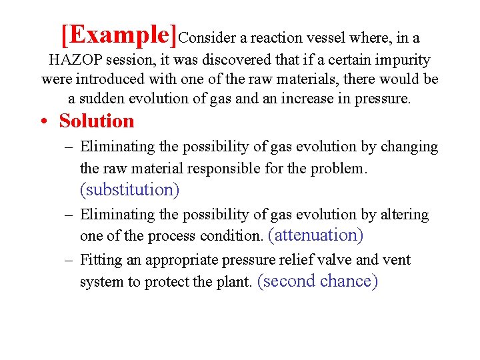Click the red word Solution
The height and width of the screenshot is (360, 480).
point(97,121)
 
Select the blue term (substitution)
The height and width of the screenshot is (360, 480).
point(129,190)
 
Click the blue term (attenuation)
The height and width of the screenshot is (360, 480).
point(315,235)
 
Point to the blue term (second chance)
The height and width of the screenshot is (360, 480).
point(317,281)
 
